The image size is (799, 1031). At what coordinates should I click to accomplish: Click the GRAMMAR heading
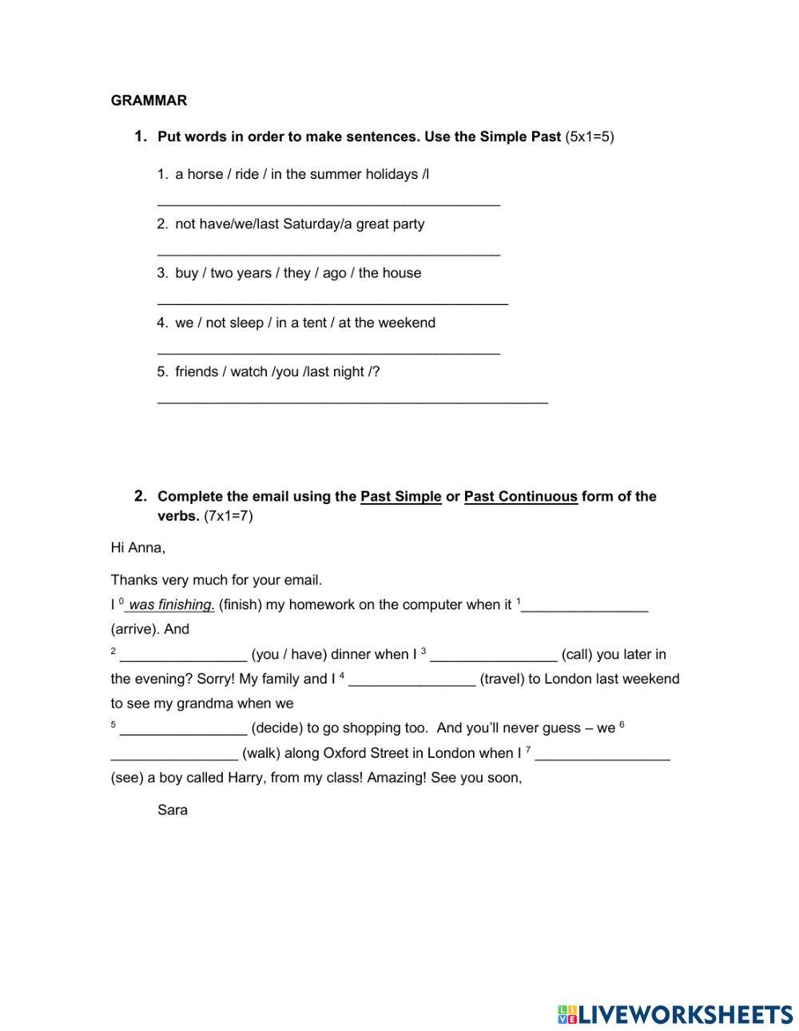149,101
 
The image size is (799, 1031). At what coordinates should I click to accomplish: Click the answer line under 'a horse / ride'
328,203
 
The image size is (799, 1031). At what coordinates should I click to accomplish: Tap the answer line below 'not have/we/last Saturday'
328,252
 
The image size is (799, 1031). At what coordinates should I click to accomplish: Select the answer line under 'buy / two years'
332,302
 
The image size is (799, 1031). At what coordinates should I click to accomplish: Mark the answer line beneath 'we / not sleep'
328,351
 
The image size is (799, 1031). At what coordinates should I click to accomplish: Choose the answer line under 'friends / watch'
352,401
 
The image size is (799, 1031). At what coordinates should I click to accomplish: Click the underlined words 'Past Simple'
401,497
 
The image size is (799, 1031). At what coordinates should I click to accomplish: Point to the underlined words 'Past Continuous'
520,497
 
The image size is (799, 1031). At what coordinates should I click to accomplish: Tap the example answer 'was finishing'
171,605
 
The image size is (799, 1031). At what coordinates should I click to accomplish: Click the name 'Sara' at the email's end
173,810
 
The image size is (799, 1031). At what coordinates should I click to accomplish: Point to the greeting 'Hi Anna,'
138,548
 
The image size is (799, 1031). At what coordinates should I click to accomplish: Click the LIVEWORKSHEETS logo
675,1014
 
